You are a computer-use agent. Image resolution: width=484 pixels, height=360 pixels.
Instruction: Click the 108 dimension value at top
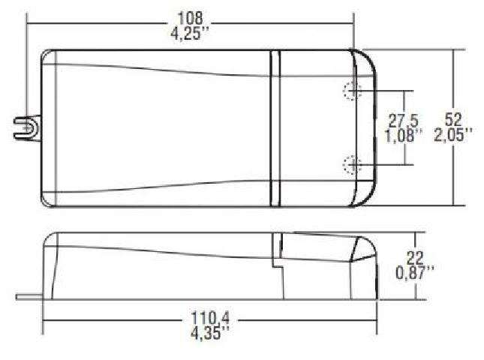pyautogui.click(x=189, y=17)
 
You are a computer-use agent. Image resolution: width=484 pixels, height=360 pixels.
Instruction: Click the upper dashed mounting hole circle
pyautogui.click(x=351, y=92)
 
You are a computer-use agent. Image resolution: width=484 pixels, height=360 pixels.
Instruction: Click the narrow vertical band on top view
pyautogui.click(x=275, y=127)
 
